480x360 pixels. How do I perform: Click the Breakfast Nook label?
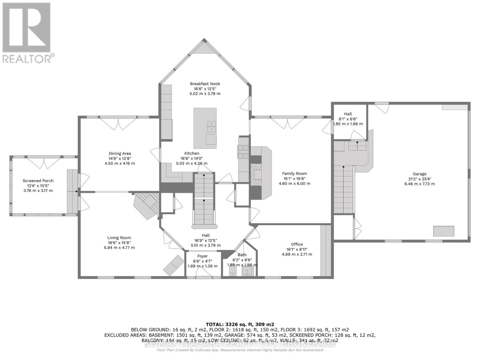click(205, 84)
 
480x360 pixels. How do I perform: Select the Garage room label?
click(419, 174)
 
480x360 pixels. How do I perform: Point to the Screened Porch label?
click(38, 181)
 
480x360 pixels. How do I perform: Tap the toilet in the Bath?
click(233, 271)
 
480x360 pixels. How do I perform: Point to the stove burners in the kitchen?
click(243, 151)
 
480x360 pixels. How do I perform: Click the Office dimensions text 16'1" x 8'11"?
click(297, 249)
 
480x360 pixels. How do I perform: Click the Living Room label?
click(119, 238)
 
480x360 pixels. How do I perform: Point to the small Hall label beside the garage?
click(348, 114)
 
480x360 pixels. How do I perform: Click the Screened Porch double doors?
click(44, 163)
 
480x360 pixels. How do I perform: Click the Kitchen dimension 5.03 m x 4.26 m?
click(192, 163)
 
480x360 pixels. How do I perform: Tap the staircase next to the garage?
click(343, 189)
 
